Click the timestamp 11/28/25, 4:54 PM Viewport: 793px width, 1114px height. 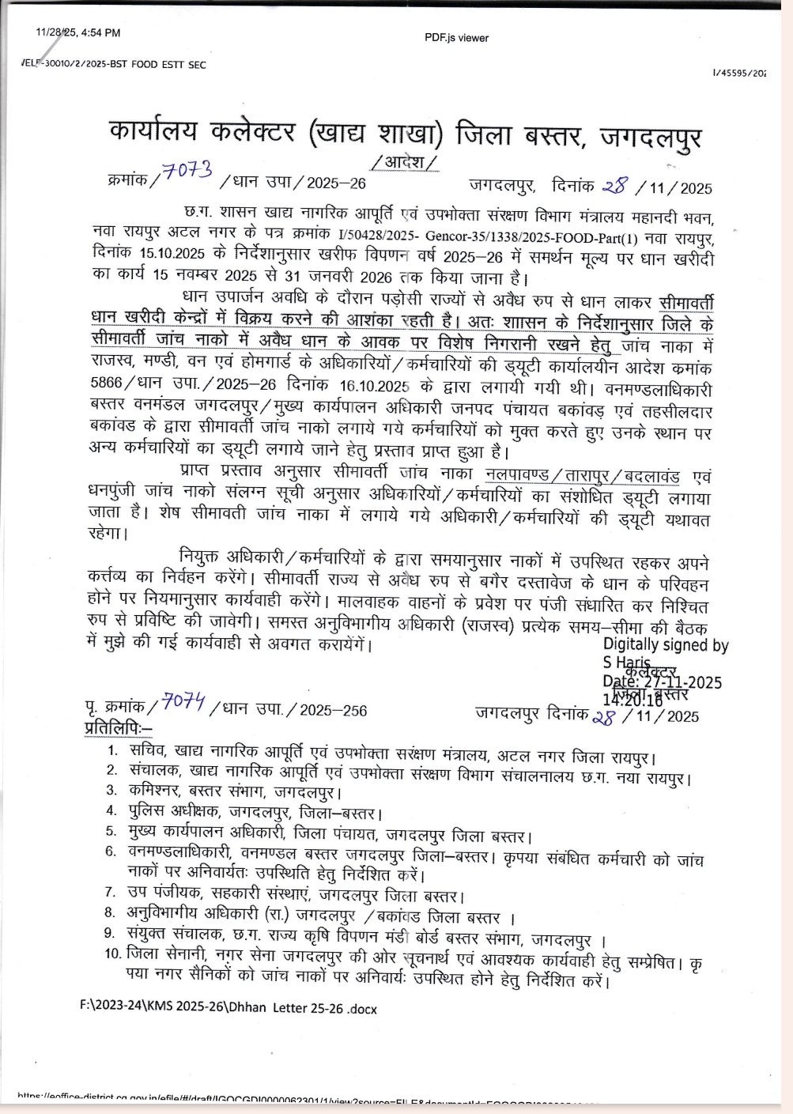(x=77, y=33)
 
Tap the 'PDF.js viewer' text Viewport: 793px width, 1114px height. (x=456, y=38)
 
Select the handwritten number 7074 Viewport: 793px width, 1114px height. (x=184, y=700)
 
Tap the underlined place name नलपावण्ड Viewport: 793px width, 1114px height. (x=516, y=476)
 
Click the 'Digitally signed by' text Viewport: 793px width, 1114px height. (x=665, y=645)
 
